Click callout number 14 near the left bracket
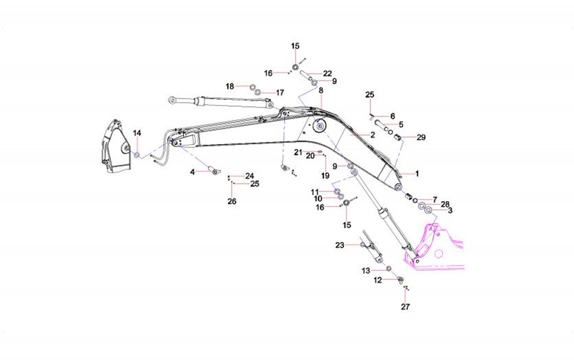point(137,133)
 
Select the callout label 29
point(421,137)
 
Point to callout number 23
point(339,245)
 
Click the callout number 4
point(193,172)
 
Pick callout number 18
point(230,86)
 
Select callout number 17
point(280,92)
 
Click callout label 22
point(328,74)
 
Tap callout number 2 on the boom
point(372,135)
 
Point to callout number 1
point(417,174)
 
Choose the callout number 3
point(450,210)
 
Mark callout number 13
point(366,270)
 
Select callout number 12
point(378,280)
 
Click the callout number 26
point(232,202)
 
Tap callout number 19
point(325,176)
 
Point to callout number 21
point(297,152)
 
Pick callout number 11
point(314,191)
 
